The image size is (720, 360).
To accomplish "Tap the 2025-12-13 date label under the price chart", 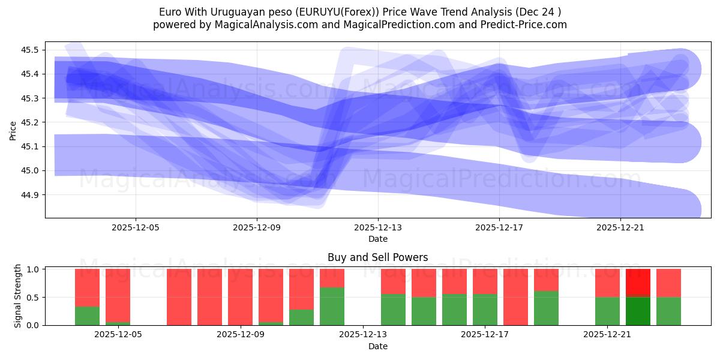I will click(378, 228).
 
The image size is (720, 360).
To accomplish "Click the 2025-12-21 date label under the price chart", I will click(620, 228).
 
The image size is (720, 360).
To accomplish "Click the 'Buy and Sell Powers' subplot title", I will click(377, 257).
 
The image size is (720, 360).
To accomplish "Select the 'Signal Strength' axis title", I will click(18, 296).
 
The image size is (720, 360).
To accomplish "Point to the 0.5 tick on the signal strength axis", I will click(34, 298).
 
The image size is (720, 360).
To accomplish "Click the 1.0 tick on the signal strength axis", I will click(34, 269).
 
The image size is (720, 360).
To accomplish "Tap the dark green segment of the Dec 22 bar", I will click(638, 311).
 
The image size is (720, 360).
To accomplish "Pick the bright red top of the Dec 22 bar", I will click(638, 282).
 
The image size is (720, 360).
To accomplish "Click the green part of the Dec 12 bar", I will click(332, 306).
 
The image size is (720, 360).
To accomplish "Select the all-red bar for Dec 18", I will click(515, 297).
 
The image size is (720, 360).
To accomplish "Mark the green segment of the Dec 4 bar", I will click(87, 316).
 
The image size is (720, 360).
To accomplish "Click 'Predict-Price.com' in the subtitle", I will click(525, 25).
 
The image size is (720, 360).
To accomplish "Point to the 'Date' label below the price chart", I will click(377, 239).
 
